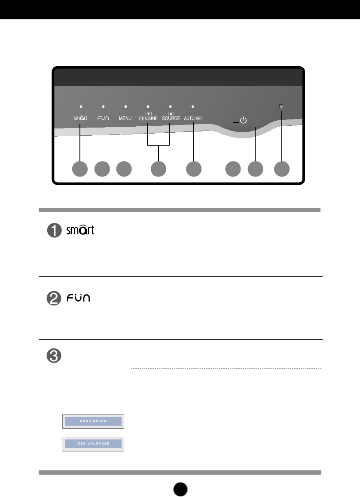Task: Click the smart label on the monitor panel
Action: click(80, 117)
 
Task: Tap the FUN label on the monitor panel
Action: click(102, 117)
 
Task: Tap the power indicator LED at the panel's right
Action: click(282, 107)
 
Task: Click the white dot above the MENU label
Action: click(125, 106)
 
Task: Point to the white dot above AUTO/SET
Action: click(193, 106)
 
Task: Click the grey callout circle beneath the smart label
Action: click(80, 169)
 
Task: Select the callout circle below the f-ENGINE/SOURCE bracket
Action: click(159, 169)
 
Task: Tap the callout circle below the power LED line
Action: click(282, 169)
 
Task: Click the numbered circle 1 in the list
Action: click(55, 232)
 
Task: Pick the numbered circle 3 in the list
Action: click(55, 356)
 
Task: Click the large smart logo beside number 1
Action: click(80, 229)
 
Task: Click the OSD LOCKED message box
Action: click(93, 421)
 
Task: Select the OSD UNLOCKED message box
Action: click(93, 443)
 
